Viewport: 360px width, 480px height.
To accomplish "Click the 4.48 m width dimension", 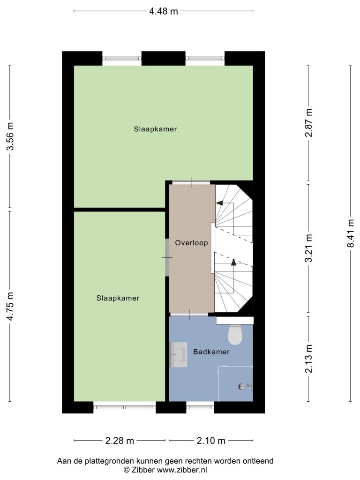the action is [x=163, y=11].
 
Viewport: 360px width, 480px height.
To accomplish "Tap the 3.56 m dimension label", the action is [x=10, y=136].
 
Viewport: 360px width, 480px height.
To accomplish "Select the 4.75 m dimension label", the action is [x=10, y=306].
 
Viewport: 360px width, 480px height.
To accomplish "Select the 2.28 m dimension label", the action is [x=120, y=441].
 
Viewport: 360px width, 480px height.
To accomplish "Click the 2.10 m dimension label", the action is [x=211, y=441].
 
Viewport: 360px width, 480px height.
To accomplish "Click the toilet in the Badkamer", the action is [x=235, y=334].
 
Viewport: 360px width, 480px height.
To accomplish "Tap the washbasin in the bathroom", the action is [x=179, y=354].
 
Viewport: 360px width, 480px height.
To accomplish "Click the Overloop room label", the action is [x=191, y=243].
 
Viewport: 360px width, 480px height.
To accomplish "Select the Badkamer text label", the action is [x=211, y=352].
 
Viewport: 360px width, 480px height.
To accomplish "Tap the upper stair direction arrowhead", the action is [x=219, y=202].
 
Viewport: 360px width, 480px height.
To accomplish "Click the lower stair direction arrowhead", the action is [x=233, y=262].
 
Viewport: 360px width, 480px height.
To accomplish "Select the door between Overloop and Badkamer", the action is [x=189, y=315].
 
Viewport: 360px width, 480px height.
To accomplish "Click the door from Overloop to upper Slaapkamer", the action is [x=191, y=182].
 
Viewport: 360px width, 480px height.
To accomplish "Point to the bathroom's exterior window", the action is [x=200, y=407].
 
